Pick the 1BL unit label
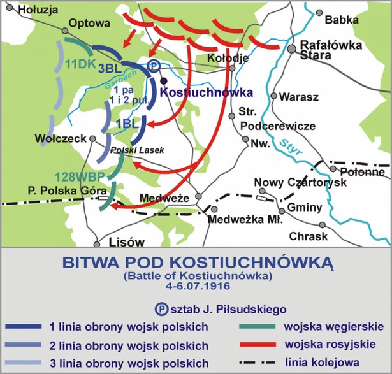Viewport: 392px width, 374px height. [x=127, y=124]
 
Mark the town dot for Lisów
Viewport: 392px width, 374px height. [x=96, y=243]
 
